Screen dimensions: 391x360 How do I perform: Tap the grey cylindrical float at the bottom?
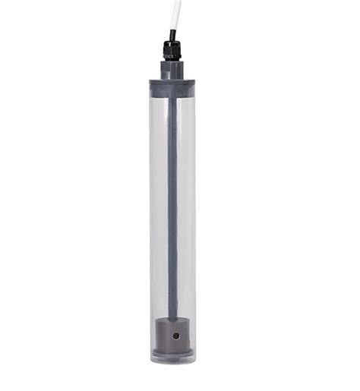172,335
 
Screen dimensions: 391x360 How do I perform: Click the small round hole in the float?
175,335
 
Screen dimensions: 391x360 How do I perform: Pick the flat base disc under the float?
172,352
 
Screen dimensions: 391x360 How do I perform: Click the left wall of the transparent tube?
151,213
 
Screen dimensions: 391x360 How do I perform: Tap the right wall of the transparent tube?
194,213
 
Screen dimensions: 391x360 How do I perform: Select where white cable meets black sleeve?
174,30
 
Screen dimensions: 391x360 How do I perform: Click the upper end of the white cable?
176,2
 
